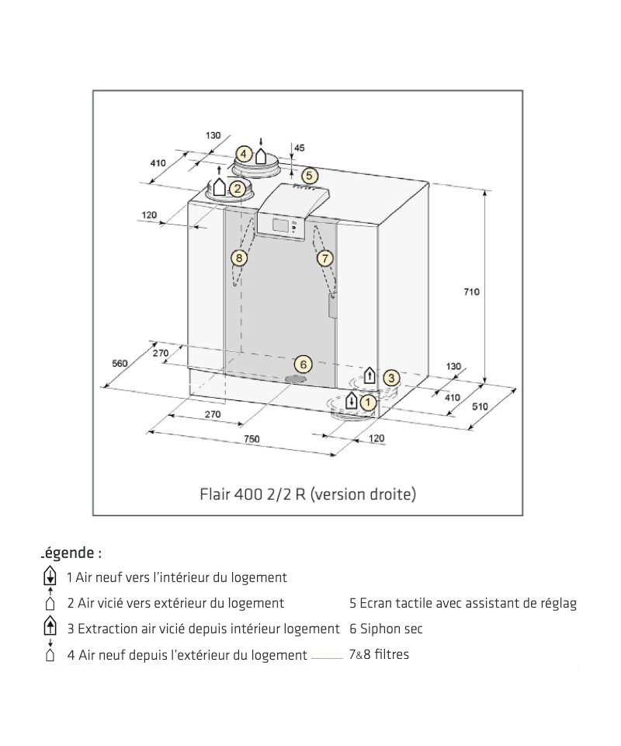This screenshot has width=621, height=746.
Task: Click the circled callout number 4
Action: [x=244, y=154]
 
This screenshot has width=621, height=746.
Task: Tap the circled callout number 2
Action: [x=238, y=187]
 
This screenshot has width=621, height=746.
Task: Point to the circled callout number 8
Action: [x=239, y=257]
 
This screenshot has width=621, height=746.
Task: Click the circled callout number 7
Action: [x=324, y=257]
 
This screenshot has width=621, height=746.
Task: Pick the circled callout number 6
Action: [x=304, y=364]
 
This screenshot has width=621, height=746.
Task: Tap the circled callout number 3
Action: [x=392, y=378]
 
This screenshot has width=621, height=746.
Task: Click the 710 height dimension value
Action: [x=471, y=291]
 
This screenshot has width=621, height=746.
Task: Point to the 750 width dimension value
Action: [x=251, y=439]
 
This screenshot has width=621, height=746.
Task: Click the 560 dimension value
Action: [x=120, y=363]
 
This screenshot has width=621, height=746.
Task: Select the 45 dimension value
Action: [x=300, y=148]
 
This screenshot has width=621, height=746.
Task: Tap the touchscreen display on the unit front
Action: [x=279, y=226]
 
